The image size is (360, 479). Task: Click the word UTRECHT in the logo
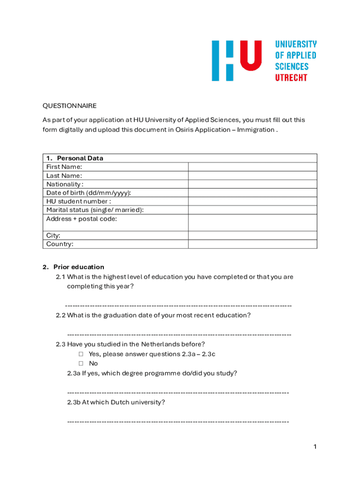(291, 78)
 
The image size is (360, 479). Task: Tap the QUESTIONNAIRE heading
(69, 106)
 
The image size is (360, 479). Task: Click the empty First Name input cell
(252, 167)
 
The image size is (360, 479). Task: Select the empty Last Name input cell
(252, 175)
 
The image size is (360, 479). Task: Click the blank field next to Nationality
(252, 184)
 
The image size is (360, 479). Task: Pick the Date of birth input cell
(252, 193)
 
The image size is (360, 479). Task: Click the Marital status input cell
(252, 210)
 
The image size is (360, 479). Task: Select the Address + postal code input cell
(252, 223)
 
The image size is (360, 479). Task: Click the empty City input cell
(252, 235)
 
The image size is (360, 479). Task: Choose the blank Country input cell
(252, 244)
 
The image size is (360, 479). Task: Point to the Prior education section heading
(79, 267)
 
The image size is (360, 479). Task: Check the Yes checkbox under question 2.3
(81, 354)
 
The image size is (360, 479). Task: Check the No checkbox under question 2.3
(81, 363)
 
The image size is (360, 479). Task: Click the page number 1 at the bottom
(315, 447)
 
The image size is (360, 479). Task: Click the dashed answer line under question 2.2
(179, 335)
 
